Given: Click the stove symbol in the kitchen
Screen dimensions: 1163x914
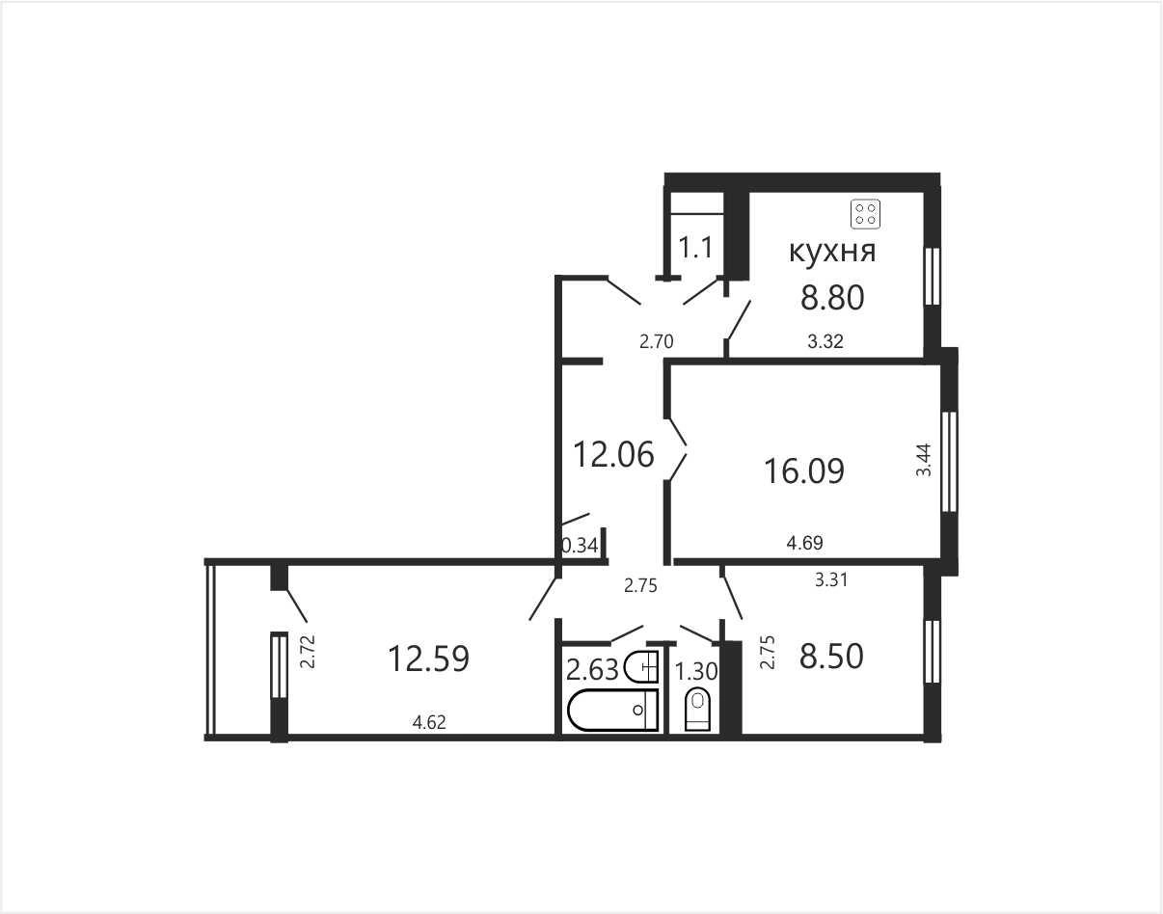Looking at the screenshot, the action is point(865,214).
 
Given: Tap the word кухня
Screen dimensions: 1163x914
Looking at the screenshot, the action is point(832,251).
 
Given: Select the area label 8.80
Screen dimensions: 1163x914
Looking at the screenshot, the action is point(832,298).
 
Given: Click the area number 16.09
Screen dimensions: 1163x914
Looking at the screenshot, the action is point(804,470).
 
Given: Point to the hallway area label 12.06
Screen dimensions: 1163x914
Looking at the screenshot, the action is point(613,454).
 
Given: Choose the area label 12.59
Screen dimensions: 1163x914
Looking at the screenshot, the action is point(429,659).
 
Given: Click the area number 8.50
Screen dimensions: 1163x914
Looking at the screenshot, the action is point(831,657).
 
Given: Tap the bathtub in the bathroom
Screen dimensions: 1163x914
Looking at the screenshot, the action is point(612,711).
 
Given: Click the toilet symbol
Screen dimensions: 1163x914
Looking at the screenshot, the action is point(698,712).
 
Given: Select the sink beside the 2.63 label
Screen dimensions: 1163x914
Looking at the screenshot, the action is point(641,667).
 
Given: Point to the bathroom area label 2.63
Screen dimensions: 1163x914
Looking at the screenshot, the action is point(592,669).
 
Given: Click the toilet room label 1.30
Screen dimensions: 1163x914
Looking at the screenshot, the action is point(695,672).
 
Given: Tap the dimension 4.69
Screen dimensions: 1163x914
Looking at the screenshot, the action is point(804,543).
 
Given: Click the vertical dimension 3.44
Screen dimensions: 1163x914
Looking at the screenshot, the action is point(923,460).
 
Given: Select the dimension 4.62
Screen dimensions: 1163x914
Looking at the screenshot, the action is point(429,723).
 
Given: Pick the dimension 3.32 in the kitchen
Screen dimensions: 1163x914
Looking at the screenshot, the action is point(825,341).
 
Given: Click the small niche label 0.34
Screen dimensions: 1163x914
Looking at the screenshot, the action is point(581,546).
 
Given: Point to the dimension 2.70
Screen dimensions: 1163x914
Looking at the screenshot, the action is point(656,341).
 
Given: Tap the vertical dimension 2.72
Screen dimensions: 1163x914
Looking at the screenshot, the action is point(308,651).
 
